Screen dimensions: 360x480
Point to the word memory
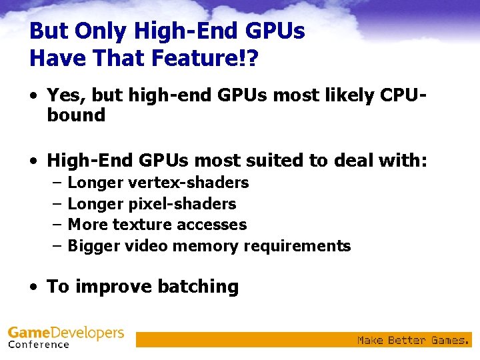206,246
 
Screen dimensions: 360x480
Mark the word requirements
297,246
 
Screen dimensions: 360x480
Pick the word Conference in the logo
39,345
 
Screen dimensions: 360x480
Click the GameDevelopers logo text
65,332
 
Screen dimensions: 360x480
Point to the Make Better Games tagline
413,340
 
